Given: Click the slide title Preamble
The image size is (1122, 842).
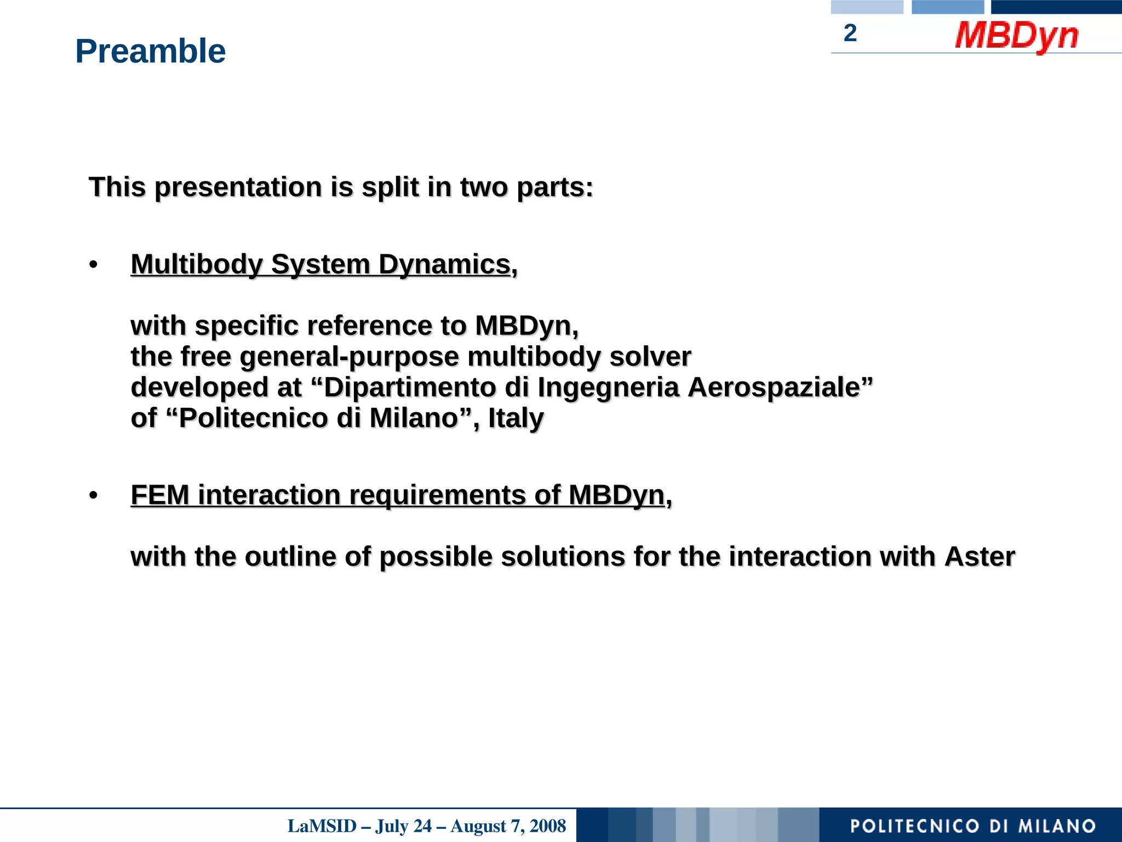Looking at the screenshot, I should pyautogui.click(x=150, y=51).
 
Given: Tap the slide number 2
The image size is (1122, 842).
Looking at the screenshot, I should pyautogui.click(x=850, y=33).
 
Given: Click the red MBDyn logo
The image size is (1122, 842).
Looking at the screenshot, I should pyautogui.click(x=1016, y=36).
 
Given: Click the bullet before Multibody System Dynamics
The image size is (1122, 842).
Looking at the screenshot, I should pyautogui.click(x=93, y=265).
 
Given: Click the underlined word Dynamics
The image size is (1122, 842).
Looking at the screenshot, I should pyautogui.click(x=444, y=265).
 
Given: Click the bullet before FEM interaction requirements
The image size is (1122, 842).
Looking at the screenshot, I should pyautogui.click(x=93, y=496).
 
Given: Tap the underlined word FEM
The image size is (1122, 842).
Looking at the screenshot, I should pyautogui.click(x=160, y=496).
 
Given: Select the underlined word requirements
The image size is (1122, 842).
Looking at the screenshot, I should pyautogui.click(x=437, y=496).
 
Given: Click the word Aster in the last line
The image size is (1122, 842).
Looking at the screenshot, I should pyautogui.click(x=980, y=557).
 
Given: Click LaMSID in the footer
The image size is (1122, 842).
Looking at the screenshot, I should pyautogui.click(x=322, y=826).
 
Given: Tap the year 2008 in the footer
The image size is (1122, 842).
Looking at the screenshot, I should pyautogui.click(x=547, y=826).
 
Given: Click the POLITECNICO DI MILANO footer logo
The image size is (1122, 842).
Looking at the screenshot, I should pyautogui.click(x=972, y=826).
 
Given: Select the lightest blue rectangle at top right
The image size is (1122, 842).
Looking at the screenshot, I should pyautogui.click(x=867, y=7).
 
